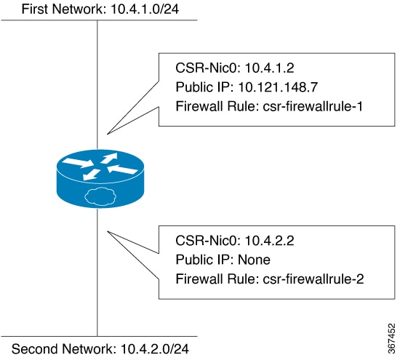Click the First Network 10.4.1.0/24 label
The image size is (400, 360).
(x=100, y=9)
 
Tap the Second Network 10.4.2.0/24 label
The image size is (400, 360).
(x=100, y=349)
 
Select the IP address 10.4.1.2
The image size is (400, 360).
(x=269, y=68)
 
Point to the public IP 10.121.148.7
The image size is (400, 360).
(x=278, y=87)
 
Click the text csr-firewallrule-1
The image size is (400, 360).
(x=313, y=106)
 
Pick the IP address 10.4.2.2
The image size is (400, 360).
(x=269, y=241)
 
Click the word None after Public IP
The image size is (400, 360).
(x=254, y=260)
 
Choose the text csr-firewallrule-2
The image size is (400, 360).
(x=313, y=279)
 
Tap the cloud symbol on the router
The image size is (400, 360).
(x=100, y=196)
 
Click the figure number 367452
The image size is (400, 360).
(x=391, y=338)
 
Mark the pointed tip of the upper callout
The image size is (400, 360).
(x=108, y=134)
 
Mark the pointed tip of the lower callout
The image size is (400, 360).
(x=108, y=231)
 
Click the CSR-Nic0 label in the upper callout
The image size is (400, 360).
(x=208, y=68)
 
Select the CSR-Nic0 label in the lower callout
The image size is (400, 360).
(x=208, y=241)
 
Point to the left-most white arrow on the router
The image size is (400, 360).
(x=78, y=162)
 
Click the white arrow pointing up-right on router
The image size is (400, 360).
(x=109, y=157)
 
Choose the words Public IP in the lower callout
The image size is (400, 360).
(x=204, y=260)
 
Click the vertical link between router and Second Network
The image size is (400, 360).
(x=97, y=272)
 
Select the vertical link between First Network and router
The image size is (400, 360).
(x=97, y=84)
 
